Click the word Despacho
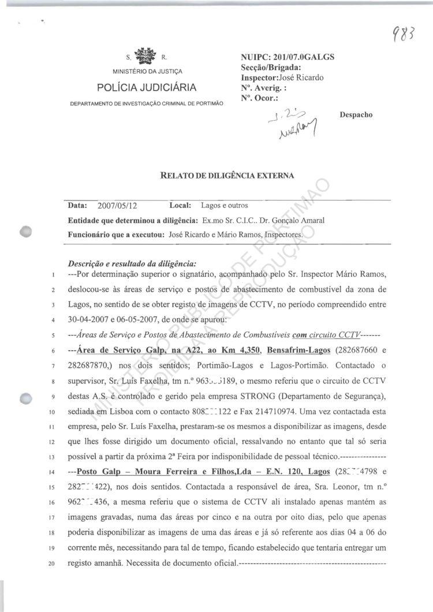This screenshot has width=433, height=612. coord(357,114)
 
